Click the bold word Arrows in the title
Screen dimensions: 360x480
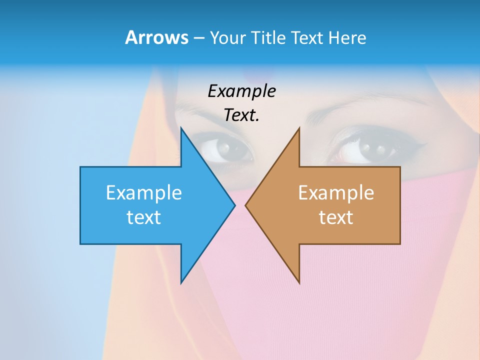pyautogui.click(x=156, y=37)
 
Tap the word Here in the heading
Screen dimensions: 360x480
pyautogui.click(x=347, y=37)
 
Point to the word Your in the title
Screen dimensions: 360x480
pyautogui.click(x=227, y=37)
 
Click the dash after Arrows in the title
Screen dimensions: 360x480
pyautogui.click(x=198, y=38)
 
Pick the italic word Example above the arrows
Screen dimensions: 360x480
pyautogui.click(x=242, y=91)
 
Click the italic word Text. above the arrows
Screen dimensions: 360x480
pyautogui.click(x=242, y=115)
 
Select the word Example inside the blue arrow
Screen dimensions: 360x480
pyautogui.click(x=144, y=192)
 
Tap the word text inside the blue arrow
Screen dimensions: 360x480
pyautogui.click(x=144, y=217)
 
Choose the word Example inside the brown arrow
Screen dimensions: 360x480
pyautogui.click(x=336, y=192)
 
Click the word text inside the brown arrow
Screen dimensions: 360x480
pyautogui.click(x=336, y=217)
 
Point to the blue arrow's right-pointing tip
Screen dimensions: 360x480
pyautogui.click(x=234, y=205)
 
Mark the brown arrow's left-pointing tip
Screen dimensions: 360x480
pyautogui.click(x=245, y=205)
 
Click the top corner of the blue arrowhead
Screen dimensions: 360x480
pyautogui.click(x=181, y=128)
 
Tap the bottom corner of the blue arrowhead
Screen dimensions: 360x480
pyautogui.click(x=181, y=283)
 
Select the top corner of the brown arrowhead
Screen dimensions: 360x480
pyautogui.click(x=299, y=128)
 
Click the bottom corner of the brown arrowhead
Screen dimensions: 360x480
pyautogui.click(x=299, y=283)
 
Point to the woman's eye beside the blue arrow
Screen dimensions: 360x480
pyautogui.click(x=226, y=148)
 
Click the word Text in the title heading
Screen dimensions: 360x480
pyautogui.click(x=307, y=37)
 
